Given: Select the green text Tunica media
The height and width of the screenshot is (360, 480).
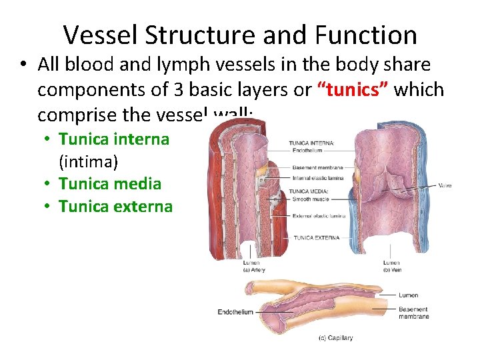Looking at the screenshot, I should [x=109, y=183].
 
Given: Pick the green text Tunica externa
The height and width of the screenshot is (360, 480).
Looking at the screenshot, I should [x=115, y=207].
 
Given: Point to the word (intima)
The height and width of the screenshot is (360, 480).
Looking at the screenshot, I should [x=89, y=161].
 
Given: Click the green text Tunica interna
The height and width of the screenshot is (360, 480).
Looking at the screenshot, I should [x=113, y=139].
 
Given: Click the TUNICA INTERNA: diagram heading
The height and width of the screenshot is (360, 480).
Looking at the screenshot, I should [x=311, y=143].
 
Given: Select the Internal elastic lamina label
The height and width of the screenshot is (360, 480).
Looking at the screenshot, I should [x=318, y=178].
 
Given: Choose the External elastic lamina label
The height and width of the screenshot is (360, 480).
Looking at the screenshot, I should [x=319, y=215].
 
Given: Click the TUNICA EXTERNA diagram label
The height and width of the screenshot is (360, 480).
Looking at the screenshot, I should [x=317, y=237].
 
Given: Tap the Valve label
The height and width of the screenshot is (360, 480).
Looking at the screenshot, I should [x=445, y=185].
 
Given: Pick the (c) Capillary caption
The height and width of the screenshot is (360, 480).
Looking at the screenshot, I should [x=337, y=337].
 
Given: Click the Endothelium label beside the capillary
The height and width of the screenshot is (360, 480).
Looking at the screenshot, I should [x=235, y=312].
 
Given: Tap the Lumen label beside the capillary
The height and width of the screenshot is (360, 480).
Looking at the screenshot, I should [x=408, y=295].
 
